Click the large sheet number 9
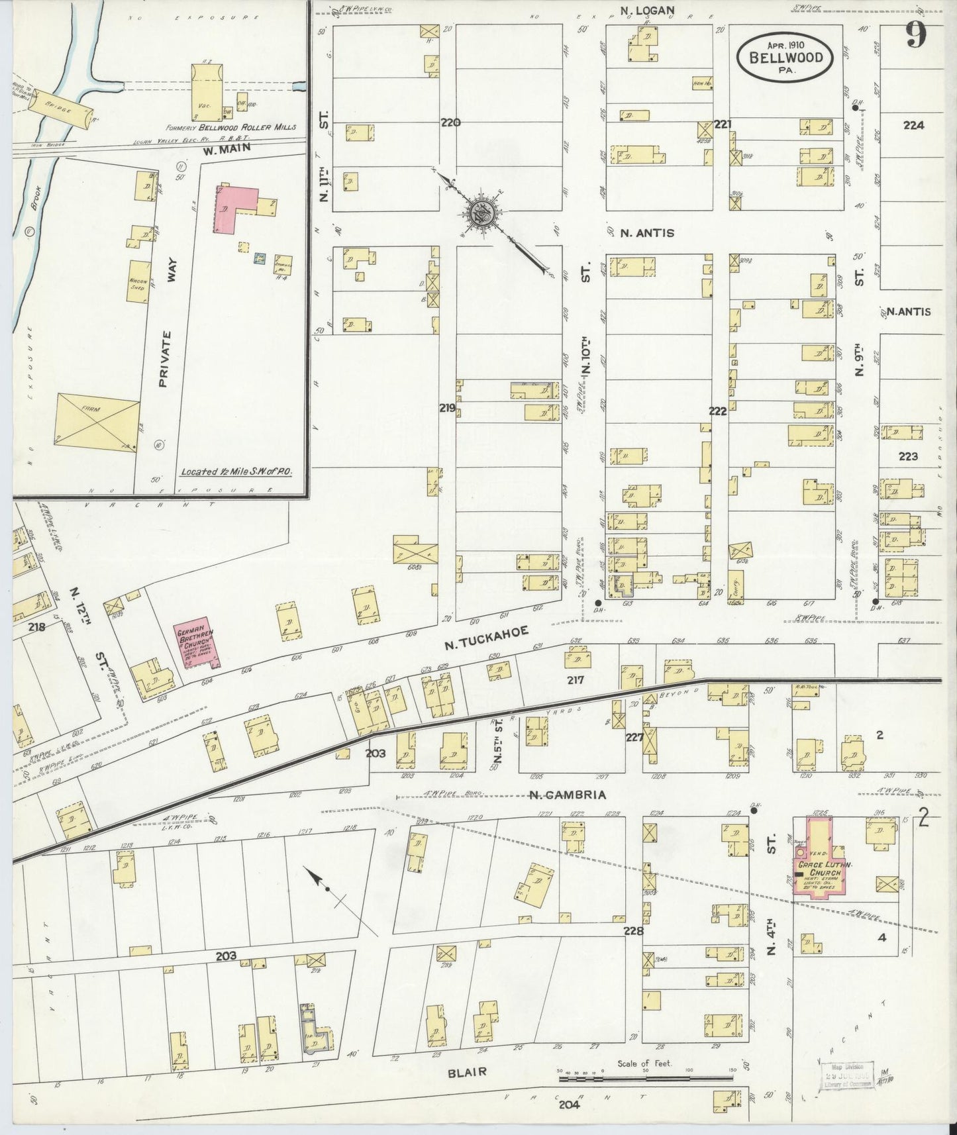[x=915, y=34]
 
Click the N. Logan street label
[x=647, y=9]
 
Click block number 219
[x=447, y=409]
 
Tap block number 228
[x=633, y=931]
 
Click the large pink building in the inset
[x=235, y=208]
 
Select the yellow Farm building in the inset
[x=98, y=420]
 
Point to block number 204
[x=568, y=1104]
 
